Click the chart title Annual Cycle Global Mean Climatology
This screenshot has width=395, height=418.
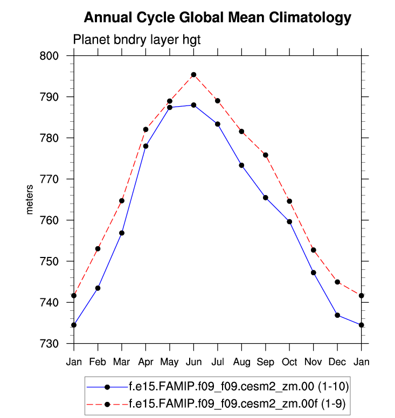coord(217,18)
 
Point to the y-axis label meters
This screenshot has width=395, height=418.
coord(30,199)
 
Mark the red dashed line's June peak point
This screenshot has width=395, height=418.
coord(193,75)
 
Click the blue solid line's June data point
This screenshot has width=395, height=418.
coord(193,105)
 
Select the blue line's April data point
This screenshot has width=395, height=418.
coord(145,146)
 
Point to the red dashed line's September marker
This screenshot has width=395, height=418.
coord(266,155)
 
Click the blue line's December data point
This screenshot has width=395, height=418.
coord(337,315)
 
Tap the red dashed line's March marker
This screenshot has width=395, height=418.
coord(122,201)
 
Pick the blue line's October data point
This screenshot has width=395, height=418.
coord(289,221)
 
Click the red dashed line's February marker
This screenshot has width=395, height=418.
coord(98,249)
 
